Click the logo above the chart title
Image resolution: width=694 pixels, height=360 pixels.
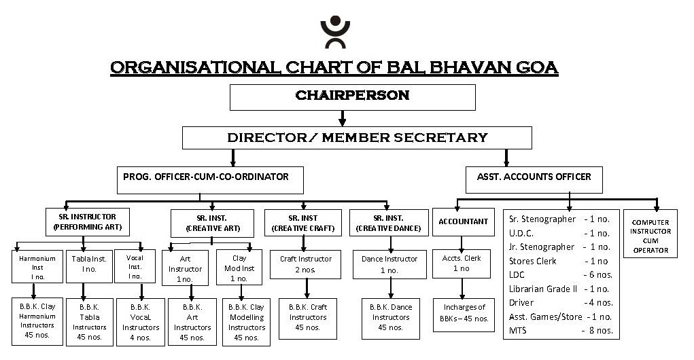pos(336,32)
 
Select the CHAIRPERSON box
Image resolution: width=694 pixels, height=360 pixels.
pos(352,96)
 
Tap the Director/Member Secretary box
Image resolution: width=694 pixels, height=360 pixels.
pos(358,138)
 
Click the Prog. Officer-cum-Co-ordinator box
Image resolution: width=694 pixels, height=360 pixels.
pos(210,178)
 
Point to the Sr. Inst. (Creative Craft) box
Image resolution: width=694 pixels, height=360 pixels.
pos(303,223)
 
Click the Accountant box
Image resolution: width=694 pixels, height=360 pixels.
pos(464,221)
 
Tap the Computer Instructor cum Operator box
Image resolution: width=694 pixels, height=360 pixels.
pos(650,236)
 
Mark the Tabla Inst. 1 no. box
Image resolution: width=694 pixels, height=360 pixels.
pos(85,264)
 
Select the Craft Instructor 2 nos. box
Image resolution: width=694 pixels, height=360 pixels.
pos(306,264)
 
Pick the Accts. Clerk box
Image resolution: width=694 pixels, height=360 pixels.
pos(462,264)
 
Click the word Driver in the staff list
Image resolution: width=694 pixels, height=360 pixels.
pos(521,303)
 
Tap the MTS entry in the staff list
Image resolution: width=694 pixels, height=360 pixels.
pos(519,331)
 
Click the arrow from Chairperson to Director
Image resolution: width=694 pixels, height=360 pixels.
pos(342,118)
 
